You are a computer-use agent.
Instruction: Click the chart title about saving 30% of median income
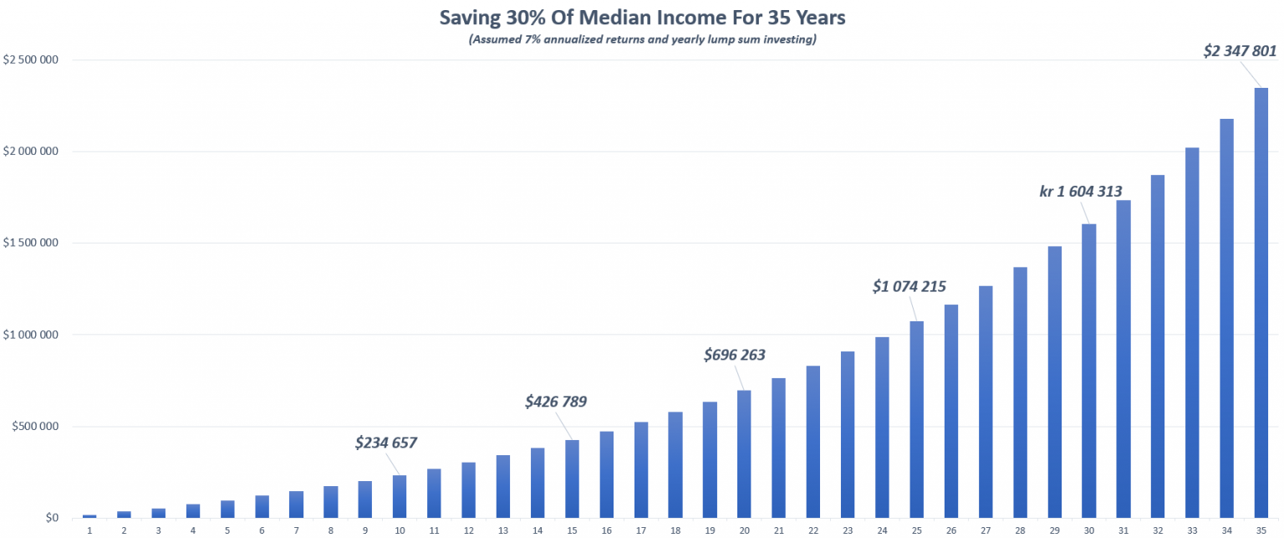641,17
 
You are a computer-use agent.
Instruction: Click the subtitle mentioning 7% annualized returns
641,39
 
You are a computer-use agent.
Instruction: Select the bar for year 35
1261,301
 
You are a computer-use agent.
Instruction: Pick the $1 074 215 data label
909,286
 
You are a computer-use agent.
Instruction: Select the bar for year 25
916,418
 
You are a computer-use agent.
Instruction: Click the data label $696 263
735,355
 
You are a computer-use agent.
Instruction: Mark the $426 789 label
556,402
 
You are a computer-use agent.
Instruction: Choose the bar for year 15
572,479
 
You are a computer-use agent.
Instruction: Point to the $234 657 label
385,442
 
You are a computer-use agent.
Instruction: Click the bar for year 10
400,496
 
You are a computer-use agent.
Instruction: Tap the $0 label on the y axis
52,518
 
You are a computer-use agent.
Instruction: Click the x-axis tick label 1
89,530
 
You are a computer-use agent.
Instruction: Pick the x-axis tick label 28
1020,530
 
